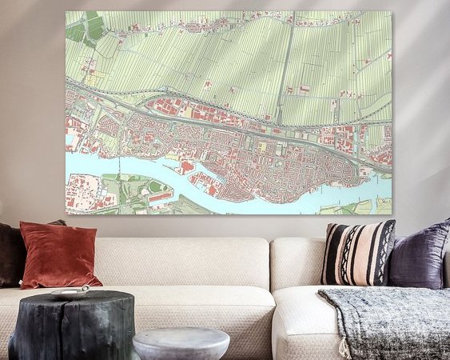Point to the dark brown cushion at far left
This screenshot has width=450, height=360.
[10, 254]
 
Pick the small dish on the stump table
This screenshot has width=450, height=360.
[70, 292]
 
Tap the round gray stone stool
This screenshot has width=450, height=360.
[181, 343]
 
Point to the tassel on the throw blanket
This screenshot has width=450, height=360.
[344, 347]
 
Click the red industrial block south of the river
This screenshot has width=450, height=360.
[83, 193]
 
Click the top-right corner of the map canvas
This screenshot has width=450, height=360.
[391, 12]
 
